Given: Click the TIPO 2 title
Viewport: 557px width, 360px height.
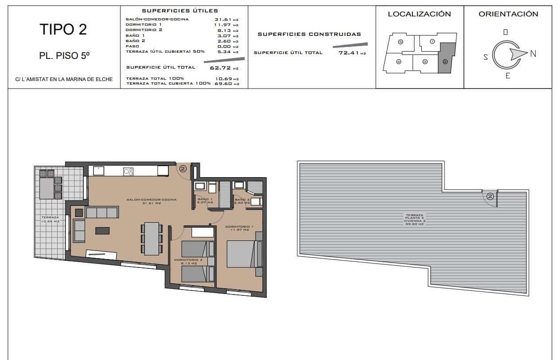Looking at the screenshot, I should click(63, 29).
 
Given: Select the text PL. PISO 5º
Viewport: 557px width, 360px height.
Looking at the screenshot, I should click(64, 56).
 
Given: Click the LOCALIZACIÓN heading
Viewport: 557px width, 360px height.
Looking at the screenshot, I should click(419, 14).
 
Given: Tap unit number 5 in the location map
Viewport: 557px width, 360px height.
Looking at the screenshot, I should click(400, 42).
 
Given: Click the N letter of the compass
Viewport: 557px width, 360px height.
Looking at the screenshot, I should click(533, 54).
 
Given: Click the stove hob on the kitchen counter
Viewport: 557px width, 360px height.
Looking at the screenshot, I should click(129, 171).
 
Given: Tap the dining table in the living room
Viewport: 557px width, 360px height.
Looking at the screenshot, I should click(152, 238).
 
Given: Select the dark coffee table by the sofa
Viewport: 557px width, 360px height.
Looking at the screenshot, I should click(102, 230).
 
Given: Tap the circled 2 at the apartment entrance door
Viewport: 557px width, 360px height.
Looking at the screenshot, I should click(183, 169).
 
